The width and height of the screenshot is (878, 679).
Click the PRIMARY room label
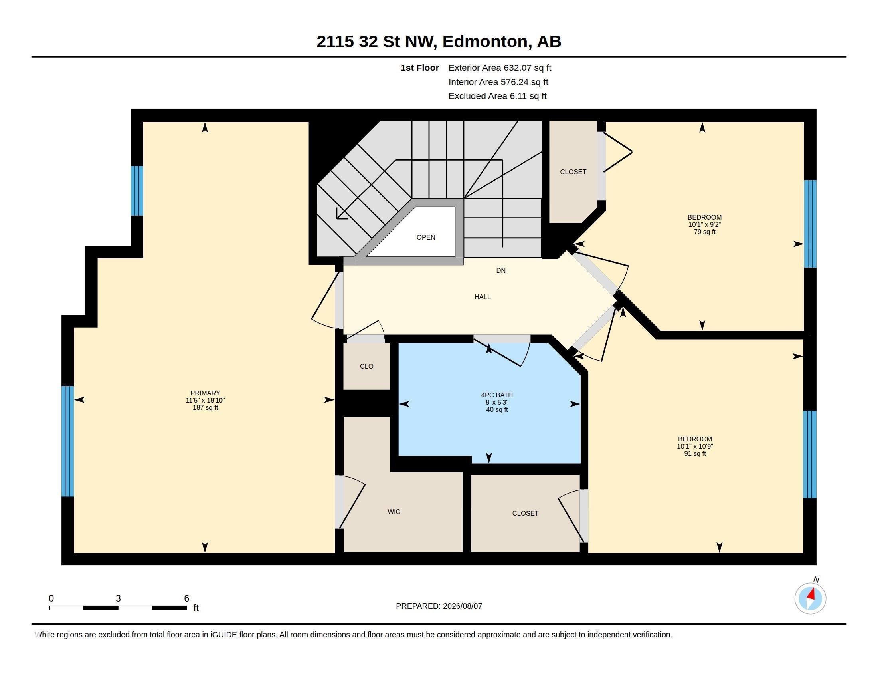tap(205, 393)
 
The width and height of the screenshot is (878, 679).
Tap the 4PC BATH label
tap(497, 395)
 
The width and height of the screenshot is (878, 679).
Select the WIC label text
tap(394, 512)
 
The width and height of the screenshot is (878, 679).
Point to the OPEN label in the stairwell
tap(426, 237)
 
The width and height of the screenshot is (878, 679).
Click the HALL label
tap(483, 297)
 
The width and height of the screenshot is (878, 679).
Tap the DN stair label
tap(501, 270)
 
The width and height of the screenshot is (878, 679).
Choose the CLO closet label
tap(367, 366)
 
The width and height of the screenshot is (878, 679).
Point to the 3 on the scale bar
tap(118, 598)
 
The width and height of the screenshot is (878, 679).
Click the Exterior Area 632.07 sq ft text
tap(500, 68)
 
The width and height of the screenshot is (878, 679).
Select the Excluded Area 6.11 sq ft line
tap(498, 96)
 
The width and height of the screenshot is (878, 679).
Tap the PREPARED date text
tap(439, 606)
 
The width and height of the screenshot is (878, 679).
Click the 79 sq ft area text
tap(705, 232)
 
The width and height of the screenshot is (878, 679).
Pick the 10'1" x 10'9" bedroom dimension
tap(695, 446)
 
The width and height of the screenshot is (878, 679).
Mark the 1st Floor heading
tap(420, 68)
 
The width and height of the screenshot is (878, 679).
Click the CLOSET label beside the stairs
tap(573, 172)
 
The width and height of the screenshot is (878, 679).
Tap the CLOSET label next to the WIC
tap(526, 513)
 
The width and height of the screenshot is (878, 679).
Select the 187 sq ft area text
tap(206, 407)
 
